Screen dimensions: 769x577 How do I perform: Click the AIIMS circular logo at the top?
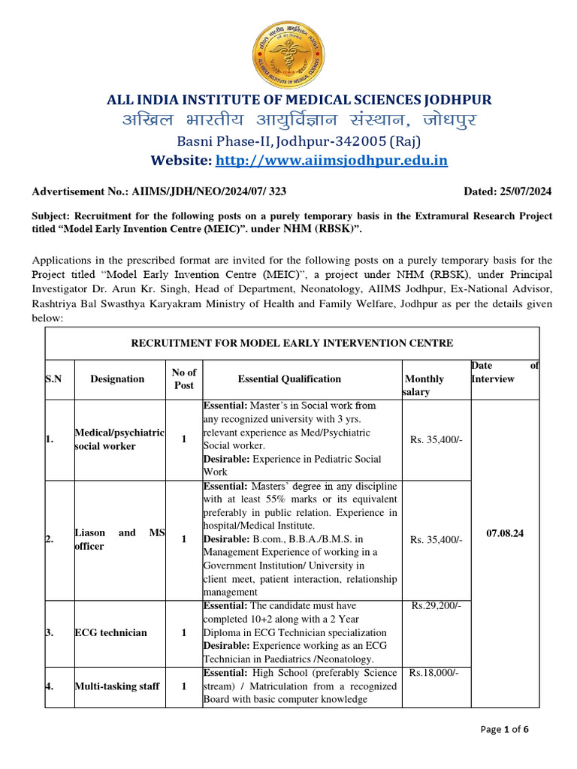(x=288, y=53)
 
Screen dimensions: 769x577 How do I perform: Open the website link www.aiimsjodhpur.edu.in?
(x=332, y=160)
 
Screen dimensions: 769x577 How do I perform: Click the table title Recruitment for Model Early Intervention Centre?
(x=292, y=343)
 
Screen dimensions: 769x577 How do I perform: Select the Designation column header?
(x=117, y=379)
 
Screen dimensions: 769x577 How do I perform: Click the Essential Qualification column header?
(x=289, y=379)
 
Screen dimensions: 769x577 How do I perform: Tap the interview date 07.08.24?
(x=505, y=533)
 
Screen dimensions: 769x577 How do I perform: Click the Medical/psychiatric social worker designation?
(x=119, y=439)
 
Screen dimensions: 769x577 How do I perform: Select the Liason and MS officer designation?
(x=119, y=539)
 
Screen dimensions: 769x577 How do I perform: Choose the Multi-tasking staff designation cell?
(x=116, y=686)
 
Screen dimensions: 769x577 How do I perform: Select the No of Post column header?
(x=184, y=379)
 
